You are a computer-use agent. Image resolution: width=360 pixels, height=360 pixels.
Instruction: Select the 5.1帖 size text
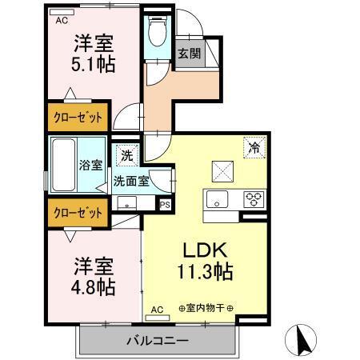pos(93,64)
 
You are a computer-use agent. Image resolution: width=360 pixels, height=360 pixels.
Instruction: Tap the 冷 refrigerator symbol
pos(253,147)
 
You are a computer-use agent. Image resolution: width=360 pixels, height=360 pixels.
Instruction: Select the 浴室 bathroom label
pos(90,166)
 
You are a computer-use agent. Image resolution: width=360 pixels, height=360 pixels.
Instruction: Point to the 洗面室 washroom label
pos(130,181)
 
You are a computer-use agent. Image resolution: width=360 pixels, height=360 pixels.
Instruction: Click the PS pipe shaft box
pos(165,205)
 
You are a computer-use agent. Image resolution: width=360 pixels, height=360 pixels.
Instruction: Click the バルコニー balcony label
pos(157,341)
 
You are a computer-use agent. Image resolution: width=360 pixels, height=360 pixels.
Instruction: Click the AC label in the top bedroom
pos(62,22)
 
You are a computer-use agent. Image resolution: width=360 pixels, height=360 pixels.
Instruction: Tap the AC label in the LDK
pos(157,308)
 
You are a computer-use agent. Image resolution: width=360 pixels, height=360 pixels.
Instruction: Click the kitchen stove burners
pos(254,199)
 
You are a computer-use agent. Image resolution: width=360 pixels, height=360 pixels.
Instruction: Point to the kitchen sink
pos(218,198)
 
